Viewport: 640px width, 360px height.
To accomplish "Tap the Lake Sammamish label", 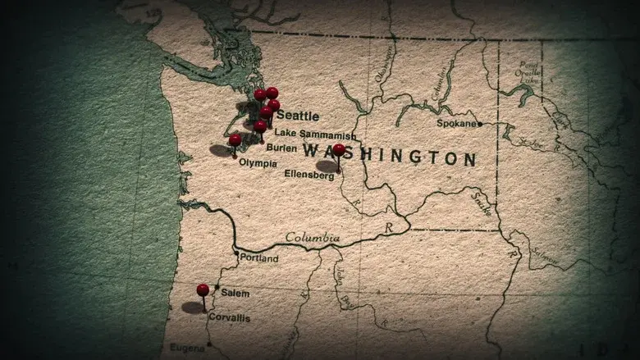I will tap(315, 134).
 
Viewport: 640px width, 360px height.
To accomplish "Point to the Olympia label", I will tap(257, 163).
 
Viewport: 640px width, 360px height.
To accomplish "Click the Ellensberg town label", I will tap(309, 175).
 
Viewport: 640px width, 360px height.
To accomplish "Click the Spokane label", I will tap(456, 124).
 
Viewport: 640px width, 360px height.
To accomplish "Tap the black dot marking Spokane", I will tap(480, 125).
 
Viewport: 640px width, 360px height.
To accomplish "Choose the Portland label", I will tap(258, 258).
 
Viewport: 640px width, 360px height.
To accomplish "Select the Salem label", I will tap(235, 293).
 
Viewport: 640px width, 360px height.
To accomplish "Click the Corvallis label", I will tap(230, 317).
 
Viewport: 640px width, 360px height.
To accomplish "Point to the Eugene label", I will tap(187, 348).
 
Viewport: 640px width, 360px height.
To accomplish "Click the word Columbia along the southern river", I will tap(312, 238).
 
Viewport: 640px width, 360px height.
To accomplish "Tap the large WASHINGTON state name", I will tap(390, 154).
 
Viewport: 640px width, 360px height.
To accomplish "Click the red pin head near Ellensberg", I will tap(339, 149).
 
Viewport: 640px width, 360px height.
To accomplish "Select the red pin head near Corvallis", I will tap(203, 289).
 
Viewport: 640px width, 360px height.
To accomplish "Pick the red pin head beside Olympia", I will tap(235, 139).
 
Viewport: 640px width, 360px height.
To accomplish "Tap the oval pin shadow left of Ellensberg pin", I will tap(327, 166).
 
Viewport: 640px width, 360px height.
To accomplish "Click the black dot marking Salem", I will tap(217, 288).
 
